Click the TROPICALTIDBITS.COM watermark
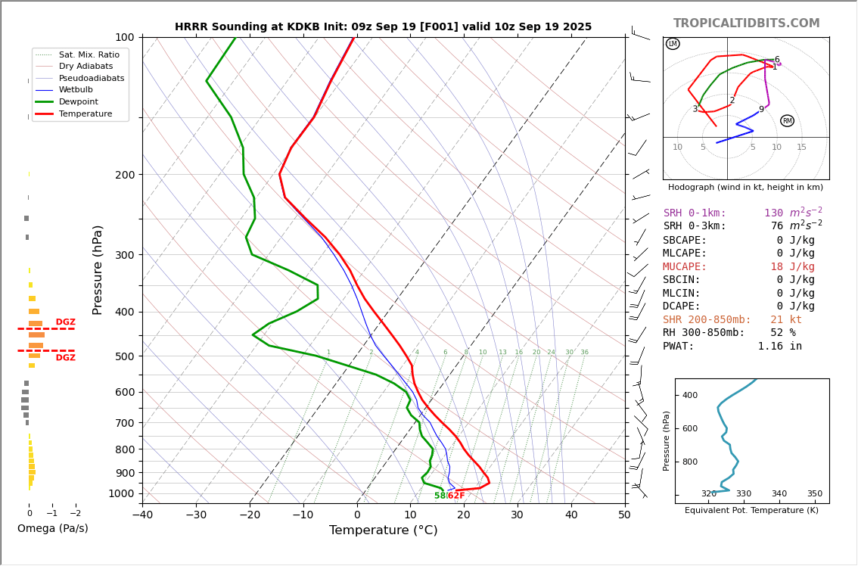(x=746, y=23)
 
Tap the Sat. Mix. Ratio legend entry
(x=89, y=54)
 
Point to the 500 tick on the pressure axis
(x=124, y=356)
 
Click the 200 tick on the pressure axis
(x=124, y=175)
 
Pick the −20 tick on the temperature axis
(x=250, y=515)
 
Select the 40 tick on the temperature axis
(x=571, y=515)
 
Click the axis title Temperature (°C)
(x=383, y=530)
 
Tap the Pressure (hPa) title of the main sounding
(x=98, y=269)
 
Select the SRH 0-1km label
(x=695, y=213)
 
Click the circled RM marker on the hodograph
(x=787, y=121)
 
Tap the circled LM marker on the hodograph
(x=673, y=44)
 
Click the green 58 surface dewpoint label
(x=440, y=496)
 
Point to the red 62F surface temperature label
(x=456, y=496)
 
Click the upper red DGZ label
(x=65, y=322)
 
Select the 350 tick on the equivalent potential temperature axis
(x=814, y=494)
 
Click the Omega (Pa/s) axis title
(x=53, y=529)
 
